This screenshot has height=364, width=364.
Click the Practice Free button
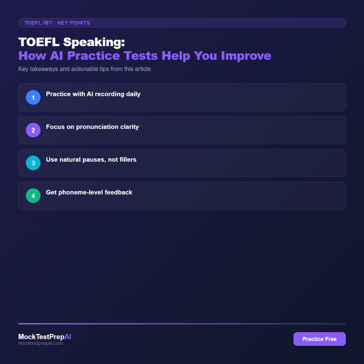click(x=319, y=339)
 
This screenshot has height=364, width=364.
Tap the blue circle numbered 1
click(x=33, y=97)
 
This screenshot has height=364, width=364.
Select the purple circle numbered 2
click(x=33, y=130)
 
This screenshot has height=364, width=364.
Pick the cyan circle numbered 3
click(x=33, y=163)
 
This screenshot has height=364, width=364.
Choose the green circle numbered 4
click(x=33, y=196)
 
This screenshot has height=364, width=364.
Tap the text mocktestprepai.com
click(x=40, y=344)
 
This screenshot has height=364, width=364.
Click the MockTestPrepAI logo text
click(x=45, y=337)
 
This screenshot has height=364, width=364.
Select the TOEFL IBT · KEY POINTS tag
click(x=57, y=23)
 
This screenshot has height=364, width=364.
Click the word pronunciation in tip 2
click(x=96, y=127)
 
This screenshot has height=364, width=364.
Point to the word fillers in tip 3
click(x=127, y=160)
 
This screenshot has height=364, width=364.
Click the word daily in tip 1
click(x=132, y=94)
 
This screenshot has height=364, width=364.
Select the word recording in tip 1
click(x=107, y=94)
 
